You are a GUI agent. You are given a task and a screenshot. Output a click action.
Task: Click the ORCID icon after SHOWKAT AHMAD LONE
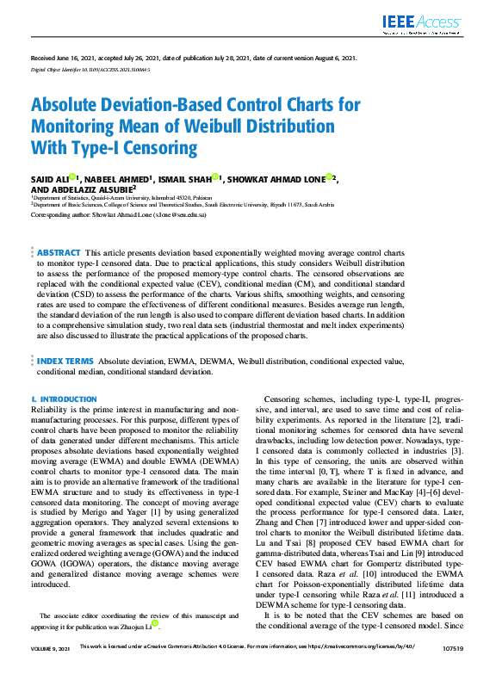330,178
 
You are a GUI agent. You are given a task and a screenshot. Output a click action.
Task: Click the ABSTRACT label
59,253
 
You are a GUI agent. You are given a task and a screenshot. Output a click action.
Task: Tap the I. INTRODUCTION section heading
64,399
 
